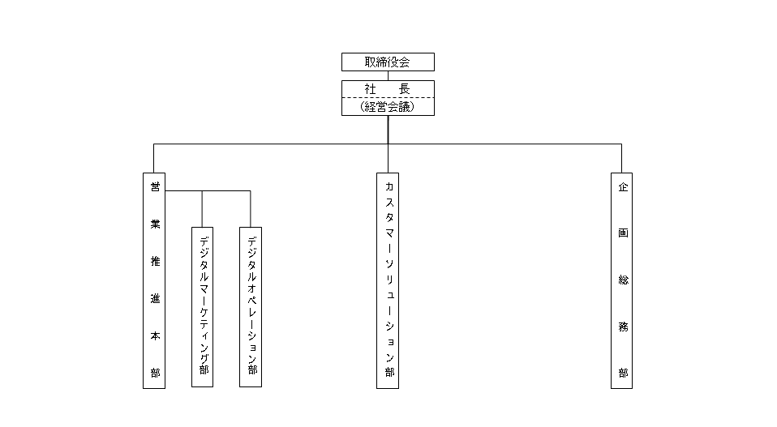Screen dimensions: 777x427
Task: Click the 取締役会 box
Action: [388, 62]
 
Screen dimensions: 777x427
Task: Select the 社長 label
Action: [388, 89]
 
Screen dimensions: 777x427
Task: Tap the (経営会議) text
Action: [388, 106]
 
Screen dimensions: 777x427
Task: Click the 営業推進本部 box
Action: [154, 280]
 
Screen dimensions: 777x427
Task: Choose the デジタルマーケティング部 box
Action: [202, 307]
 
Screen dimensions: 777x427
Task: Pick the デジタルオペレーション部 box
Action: [251, 307]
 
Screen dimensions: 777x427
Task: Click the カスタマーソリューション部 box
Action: [388, 280]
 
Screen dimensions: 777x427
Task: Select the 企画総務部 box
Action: [621, 280]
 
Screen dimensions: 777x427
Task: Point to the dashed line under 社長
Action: [388, 98]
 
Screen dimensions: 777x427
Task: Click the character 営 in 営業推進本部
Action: [155, 186]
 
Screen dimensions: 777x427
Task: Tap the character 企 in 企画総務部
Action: [623, 187]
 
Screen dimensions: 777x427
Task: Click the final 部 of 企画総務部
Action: [623, 373]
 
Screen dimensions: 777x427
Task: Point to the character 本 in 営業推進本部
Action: [155, 336]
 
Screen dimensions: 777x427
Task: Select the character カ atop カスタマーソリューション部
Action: [389, 186]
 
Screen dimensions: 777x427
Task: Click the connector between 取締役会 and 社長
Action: [388, 75]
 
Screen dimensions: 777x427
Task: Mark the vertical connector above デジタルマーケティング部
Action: [202, 209]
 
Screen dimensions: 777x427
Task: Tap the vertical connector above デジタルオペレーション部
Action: [251, 209]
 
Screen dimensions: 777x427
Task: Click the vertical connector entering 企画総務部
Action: [621, 158]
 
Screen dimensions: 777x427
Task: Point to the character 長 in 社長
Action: [405, 89]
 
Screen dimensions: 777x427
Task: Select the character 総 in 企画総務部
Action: [623, 280]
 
